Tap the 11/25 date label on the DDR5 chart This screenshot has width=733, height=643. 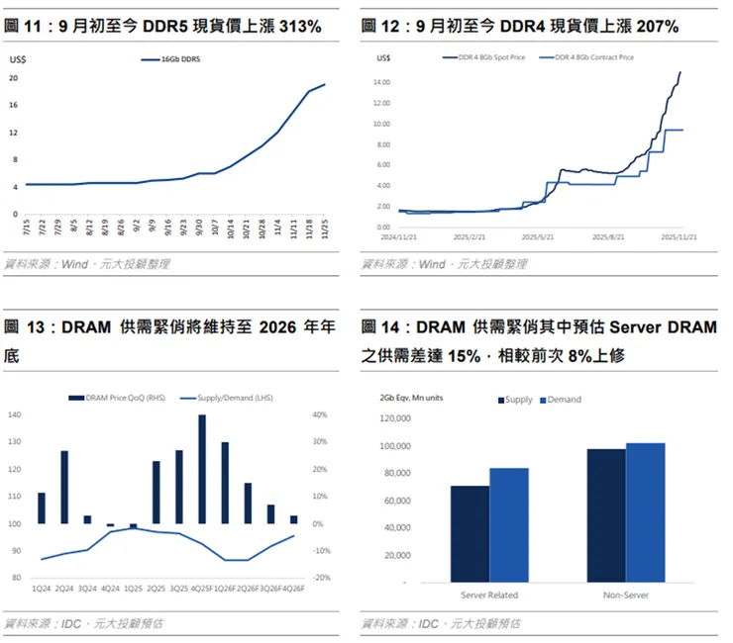323,230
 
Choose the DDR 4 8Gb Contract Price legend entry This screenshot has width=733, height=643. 594,57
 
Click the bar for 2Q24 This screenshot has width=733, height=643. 64,487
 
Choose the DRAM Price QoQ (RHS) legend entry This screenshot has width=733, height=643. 123,398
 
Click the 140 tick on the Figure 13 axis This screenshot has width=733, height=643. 13,415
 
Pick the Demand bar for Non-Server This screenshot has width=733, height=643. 645,512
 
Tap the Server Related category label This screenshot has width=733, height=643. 489,596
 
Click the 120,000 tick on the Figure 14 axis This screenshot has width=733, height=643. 396,419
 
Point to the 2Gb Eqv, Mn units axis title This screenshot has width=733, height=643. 413,398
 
